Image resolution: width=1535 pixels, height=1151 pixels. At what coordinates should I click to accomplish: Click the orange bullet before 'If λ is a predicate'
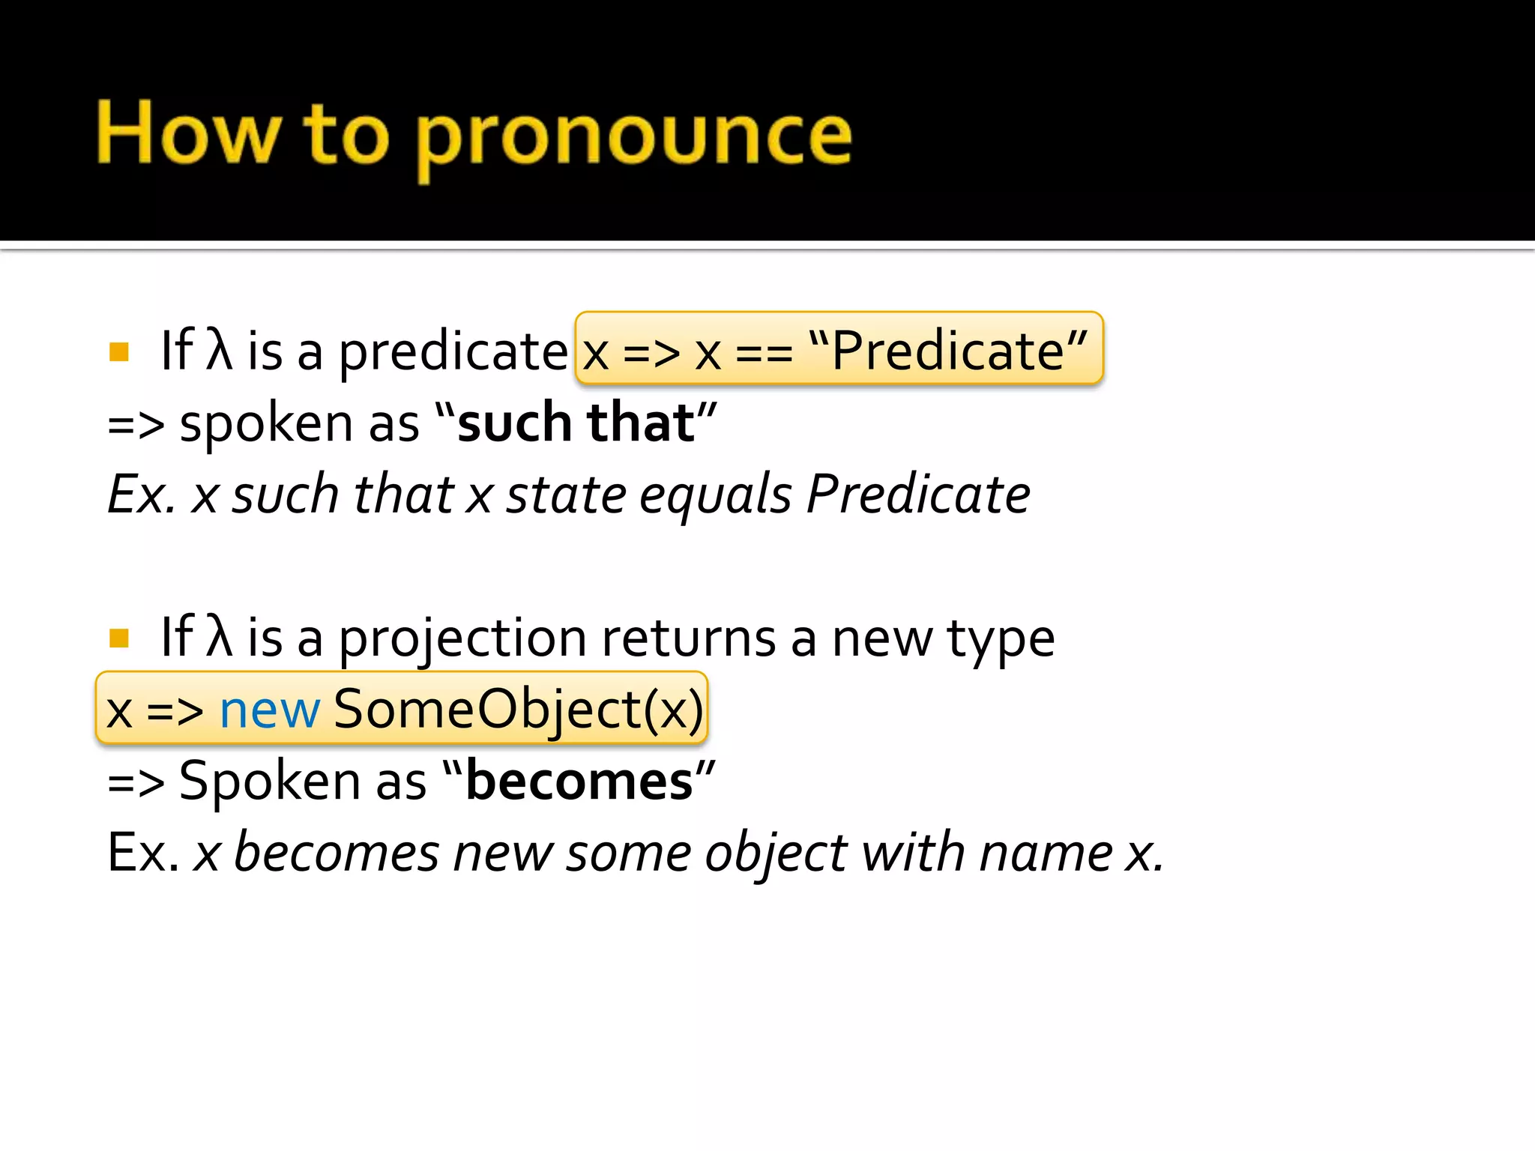click(x=119, y=351)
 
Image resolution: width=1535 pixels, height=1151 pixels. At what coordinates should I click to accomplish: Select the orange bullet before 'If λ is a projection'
click(x=119, y=638)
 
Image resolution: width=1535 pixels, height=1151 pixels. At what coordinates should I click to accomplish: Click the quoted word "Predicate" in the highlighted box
click(x=948, y=350)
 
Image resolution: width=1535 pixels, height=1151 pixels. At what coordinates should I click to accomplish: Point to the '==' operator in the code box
click(x=764, y=352)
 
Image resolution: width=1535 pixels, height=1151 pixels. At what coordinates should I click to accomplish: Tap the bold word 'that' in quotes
click(x=641, y=423)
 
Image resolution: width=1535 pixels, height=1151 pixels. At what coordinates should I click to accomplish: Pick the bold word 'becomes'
click(x=579, y=782)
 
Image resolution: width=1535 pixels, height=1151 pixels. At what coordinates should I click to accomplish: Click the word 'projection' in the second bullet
click(x=462, y=639)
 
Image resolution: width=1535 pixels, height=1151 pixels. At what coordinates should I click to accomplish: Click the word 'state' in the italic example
click(x=566, y=495)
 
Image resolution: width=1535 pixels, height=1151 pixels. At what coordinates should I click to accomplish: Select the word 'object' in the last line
click(x=776, y=854)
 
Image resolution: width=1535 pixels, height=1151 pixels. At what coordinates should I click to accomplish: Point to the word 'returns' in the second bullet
click(x=688, y=639)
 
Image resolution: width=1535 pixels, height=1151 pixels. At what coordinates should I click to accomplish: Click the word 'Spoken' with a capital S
click(x=269, y=782)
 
